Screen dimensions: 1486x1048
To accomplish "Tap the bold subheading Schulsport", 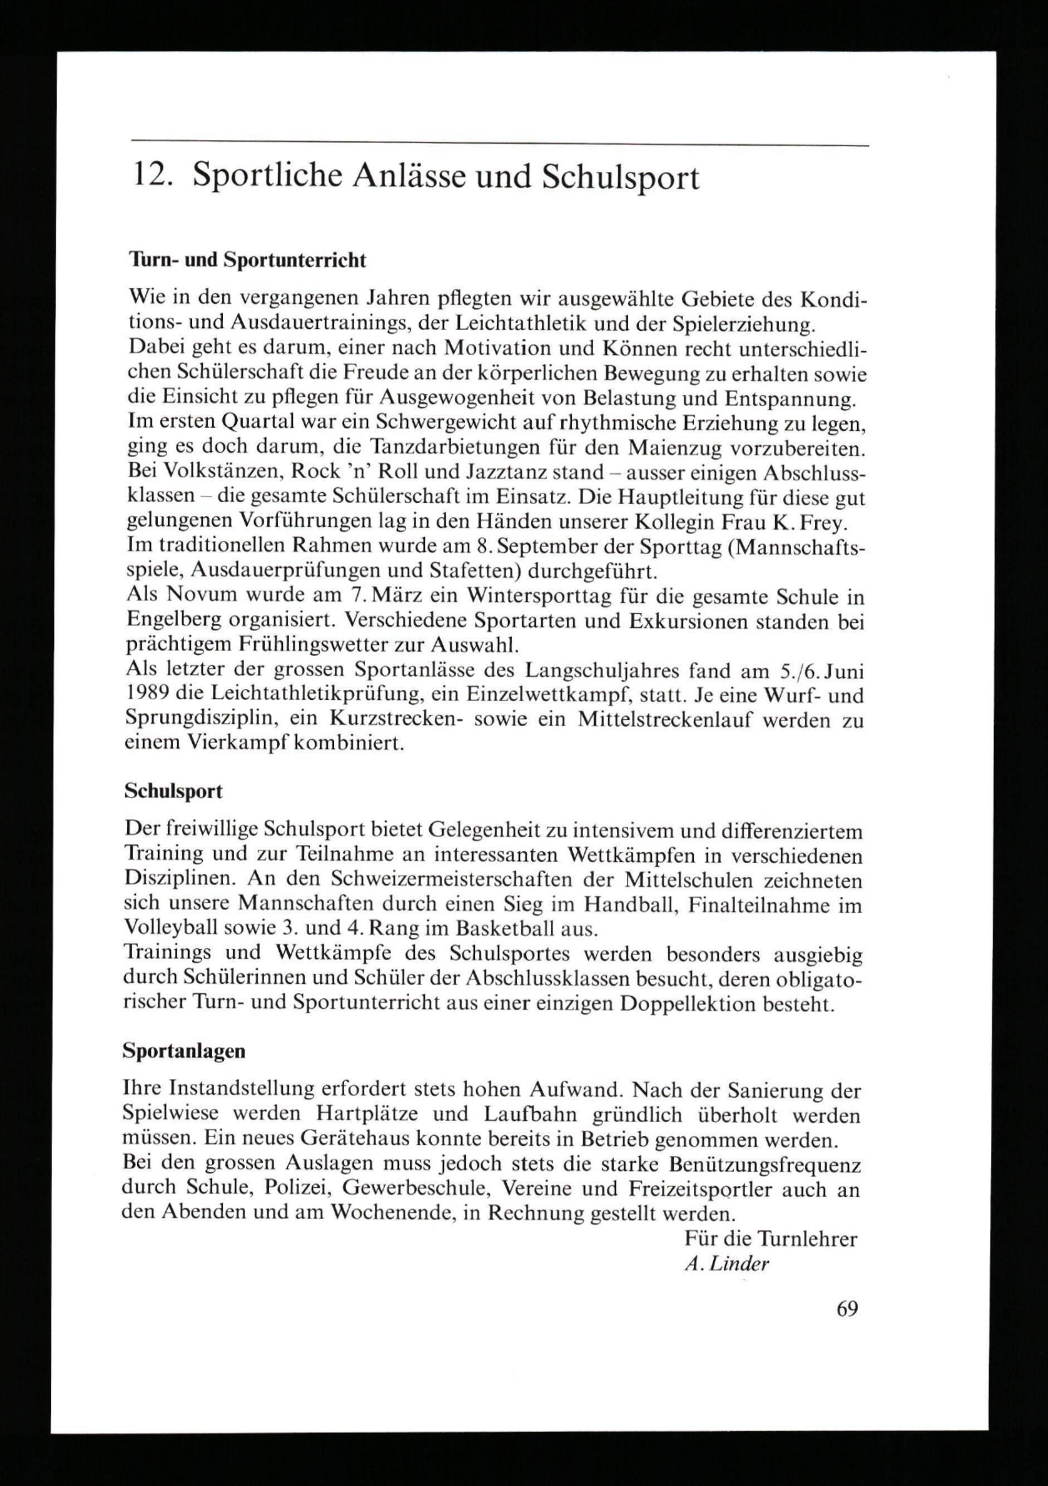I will [173, 791].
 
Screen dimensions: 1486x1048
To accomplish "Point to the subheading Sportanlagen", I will [184, 1050].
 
